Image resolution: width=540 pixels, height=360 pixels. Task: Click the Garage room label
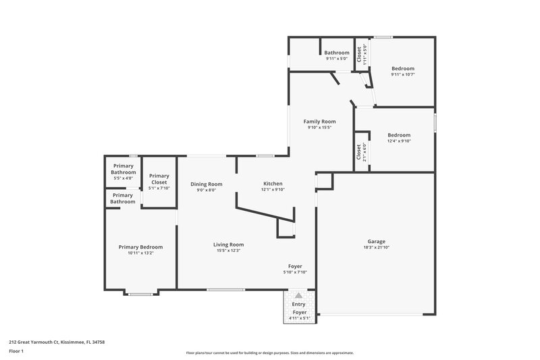tap(376, 241)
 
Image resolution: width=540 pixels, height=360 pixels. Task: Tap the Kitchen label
tap(273, 184)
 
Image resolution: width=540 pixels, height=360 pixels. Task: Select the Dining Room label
tap(206, 184)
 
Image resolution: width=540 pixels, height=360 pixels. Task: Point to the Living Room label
tap(230, 245)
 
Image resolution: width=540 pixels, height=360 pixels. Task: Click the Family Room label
tap(319, 121)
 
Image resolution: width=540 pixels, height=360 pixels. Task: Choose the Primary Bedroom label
tap(140, 247)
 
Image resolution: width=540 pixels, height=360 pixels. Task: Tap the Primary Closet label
tap(159, 179)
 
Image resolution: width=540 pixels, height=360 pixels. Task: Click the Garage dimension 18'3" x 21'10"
tap(376, 248)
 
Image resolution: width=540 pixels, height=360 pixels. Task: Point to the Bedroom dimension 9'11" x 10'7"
tap(403, 74)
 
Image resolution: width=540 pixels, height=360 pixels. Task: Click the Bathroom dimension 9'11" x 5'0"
tap(336, 59)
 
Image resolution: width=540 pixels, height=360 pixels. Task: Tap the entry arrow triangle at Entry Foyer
tap(298, 296)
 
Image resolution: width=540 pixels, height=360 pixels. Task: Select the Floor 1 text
tap(17, 351)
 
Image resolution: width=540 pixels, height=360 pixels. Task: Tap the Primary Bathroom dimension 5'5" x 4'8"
tap(124, 178)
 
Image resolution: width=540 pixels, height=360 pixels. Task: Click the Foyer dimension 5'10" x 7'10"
tap(295, 272)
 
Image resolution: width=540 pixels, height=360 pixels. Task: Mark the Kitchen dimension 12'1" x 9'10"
tap(273, 190)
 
